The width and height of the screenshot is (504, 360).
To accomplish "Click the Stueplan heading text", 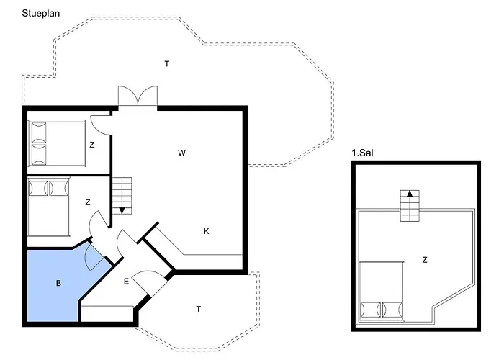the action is point(41,14).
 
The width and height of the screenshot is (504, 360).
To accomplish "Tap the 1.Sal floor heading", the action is point(363,153).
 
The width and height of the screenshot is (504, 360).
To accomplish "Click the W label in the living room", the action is point(181,153).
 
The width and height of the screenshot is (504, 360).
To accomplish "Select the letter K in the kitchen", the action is point(207,231).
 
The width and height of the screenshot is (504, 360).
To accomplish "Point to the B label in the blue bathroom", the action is point(58,284).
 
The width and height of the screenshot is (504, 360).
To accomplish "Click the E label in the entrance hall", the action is point(126,282).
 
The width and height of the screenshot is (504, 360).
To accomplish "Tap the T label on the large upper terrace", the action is point(167,64).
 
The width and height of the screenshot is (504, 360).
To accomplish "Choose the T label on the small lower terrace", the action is point(198,309).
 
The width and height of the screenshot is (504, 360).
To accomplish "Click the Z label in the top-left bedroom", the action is point(92,145).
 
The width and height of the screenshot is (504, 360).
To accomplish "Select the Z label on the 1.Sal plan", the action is point(425,260).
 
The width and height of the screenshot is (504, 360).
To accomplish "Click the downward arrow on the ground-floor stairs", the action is point(122,210).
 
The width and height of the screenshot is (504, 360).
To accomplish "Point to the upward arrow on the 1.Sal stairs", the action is point(410,194).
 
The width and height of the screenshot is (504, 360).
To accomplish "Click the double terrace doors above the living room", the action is point(138,96).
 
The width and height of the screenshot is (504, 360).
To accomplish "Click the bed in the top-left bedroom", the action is point(57,144).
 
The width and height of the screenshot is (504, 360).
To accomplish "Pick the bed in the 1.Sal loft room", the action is point(381,291).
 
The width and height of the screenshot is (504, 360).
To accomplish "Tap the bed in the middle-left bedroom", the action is point(48,207).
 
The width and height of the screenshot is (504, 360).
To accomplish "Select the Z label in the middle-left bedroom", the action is point(88,202).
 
